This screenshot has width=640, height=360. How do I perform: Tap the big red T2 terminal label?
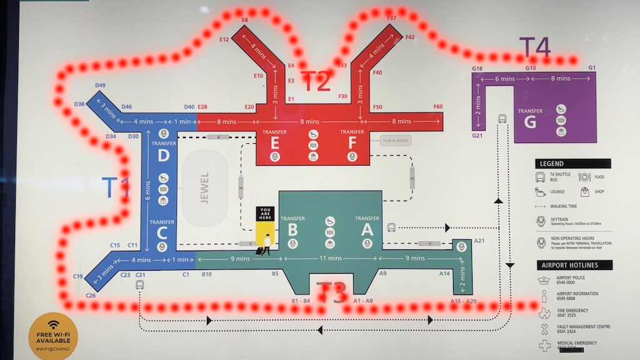coord(316,81)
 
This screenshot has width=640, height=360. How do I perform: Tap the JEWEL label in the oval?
coord(205,187)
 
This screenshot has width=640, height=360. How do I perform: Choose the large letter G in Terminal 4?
coord(529,122)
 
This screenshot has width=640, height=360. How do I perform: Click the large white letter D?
coord(163,155)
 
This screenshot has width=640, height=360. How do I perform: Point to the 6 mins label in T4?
coord(505,79)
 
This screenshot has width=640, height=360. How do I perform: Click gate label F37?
coord(392,18)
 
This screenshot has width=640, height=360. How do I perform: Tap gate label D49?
coord(99,86)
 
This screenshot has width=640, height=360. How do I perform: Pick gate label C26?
coord(91,295)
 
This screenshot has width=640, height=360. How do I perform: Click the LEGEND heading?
coord(550,164)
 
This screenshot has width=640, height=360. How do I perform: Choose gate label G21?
coord(477,135)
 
